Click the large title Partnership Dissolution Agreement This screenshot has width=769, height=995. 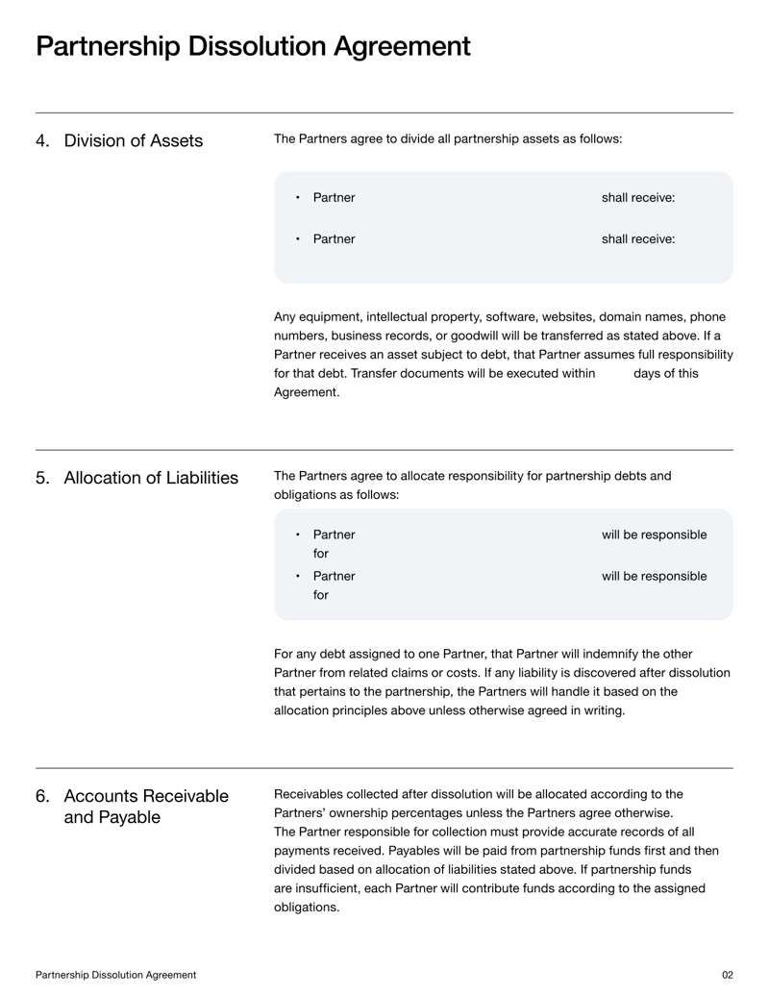coord(253,46)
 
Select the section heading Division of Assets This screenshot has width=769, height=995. coord(133,141)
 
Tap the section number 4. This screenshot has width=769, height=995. coord(42,141)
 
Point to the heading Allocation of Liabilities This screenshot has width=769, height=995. coord(151,478)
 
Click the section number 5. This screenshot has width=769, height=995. coord(42,478)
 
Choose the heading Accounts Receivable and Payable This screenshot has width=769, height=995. coord(146,807)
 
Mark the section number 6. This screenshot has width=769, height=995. coord(42,796)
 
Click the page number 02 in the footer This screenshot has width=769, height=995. coord(727,975)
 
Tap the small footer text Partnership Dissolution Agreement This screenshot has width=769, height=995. coord(116,975)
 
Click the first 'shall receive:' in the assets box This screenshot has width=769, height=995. coord(637,198)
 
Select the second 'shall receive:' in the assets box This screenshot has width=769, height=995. coord(637,239)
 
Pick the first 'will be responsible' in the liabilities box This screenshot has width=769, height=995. coord(654,535)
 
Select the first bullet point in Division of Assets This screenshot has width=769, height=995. coord(298,198)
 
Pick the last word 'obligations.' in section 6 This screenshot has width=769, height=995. coord(307,908)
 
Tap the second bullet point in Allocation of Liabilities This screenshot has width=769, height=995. coord(298,577)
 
